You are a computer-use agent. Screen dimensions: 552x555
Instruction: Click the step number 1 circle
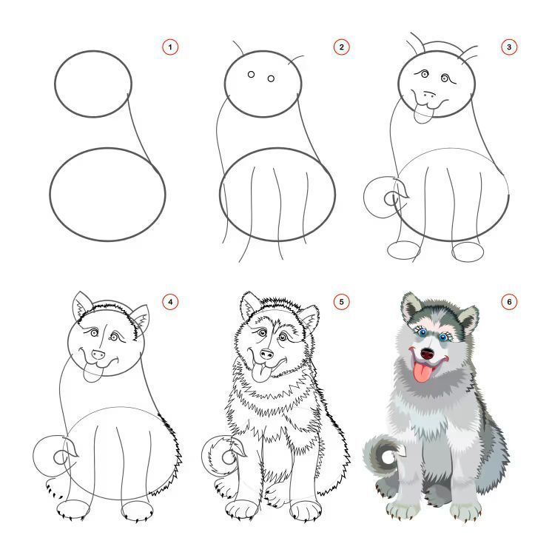(170, 47)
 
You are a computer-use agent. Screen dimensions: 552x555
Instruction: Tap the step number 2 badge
(341, 47)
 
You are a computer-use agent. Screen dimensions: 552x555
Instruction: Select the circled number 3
(509, 47)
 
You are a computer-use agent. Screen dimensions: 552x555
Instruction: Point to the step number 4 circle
(170, 302)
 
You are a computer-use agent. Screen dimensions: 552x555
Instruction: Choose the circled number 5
(341, 302)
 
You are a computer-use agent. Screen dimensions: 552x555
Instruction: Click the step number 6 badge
(509, 302)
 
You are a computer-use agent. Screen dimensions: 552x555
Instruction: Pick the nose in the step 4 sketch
(98, 354)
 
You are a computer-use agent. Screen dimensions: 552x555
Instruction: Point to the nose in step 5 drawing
(266, 354)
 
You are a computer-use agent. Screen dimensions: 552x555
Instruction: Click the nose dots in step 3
(430, 94)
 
